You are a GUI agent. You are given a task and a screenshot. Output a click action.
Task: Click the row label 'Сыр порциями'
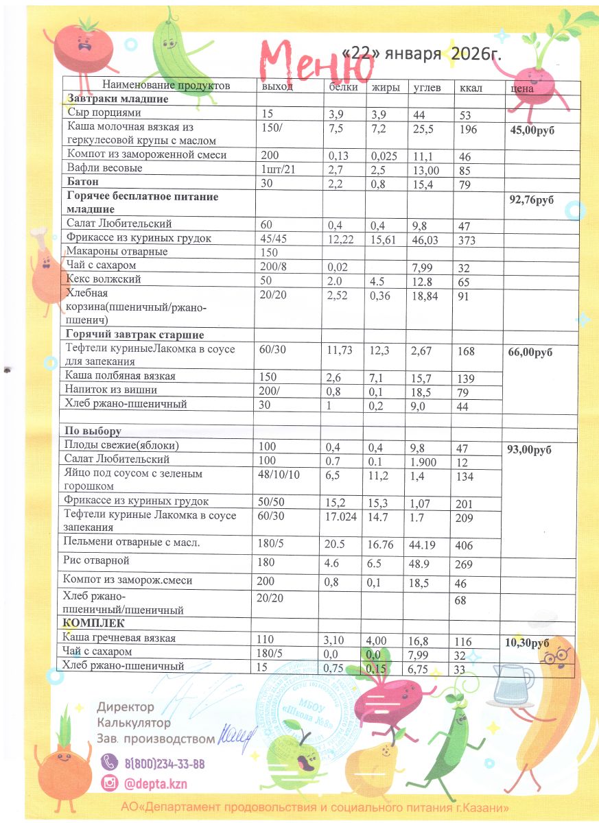tap(104, 112)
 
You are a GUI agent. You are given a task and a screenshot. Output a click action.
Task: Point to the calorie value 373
tap(468, 240)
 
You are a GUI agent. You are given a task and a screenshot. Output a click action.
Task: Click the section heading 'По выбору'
tap(93, 431)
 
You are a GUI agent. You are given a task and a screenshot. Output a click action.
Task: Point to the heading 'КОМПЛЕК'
tap(93, 623)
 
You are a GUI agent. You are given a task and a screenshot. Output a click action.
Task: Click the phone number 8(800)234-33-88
tap(164, 764)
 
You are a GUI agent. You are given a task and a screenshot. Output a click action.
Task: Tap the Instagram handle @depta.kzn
tap(156, 783)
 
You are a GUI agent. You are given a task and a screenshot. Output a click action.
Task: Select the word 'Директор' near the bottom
tap(126, 707)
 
